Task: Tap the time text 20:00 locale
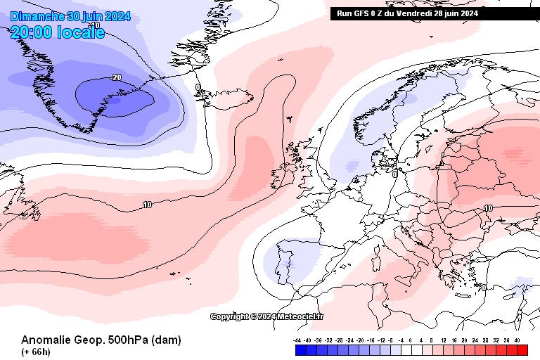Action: point(58,32)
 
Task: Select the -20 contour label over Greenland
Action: point(116,77)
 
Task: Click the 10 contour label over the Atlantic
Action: point(147,205)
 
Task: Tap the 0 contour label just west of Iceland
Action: point(198,88)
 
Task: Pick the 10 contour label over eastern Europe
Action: point(487,208)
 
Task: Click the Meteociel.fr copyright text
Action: point(267,316)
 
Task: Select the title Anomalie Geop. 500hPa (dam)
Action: point(101,340)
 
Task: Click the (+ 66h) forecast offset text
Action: point(35,352)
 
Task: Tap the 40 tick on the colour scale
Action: point(517,340)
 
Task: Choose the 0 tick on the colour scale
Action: point(411,340)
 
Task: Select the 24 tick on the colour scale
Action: point(476,340)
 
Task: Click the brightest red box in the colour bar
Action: point(522,349)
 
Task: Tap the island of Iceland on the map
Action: point(229,99)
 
